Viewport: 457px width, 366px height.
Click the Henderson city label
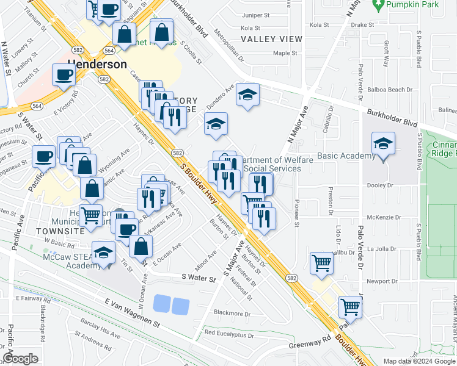click(x=97, y=64)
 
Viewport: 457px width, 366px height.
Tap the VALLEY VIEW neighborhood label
click(x=271, y=39)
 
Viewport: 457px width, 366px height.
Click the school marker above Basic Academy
click(x=383, y=145)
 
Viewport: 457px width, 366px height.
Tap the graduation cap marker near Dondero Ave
click(x=247, y=95)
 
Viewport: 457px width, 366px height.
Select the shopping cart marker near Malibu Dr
click(x=321, y=264)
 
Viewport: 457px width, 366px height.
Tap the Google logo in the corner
click(x=20, y=359)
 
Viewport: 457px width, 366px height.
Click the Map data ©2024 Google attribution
click(x=419, y=361)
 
